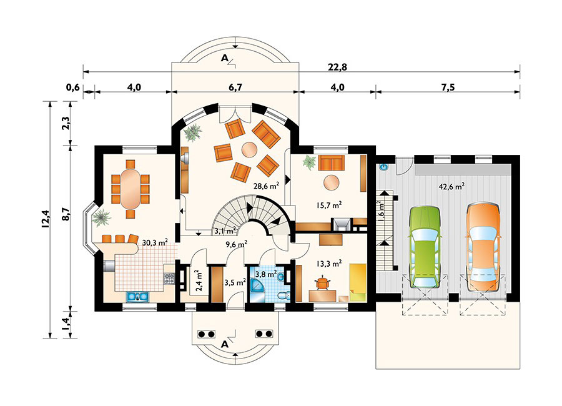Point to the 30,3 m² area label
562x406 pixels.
point(154,242)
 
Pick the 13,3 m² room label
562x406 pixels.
point(328,264)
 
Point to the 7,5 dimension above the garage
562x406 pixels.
point(447,87)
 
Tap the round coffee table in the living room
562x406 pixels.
point(249,149)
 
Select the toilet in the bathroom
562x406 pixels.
point(282,295)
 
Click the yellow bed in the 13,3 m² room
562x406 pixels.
point(358,282)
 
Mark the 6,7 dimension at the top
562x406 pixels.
point(235,87)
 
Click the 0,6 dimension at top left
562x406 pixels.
point(73,87)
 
